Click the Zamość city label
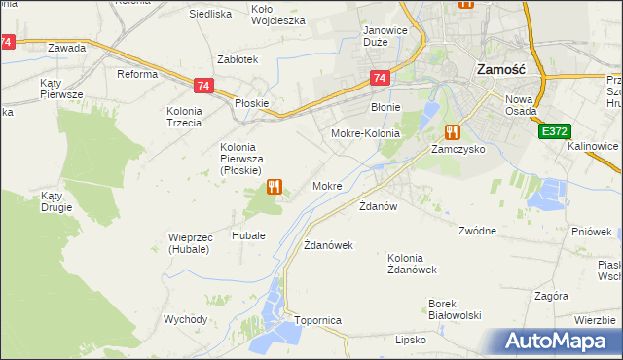502,70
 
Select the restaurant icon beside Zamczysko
452,131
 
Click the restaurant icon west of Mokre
275,185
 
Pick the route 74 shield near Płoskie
202,86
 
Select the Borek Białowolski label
456,308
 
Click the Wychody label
185,319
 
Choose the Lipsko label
411,340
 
